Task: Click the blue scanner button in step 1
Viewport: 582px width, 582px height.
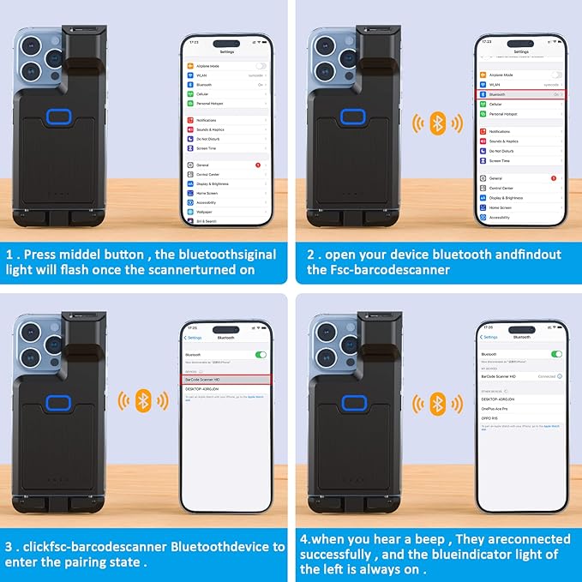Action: [x=59, y=117]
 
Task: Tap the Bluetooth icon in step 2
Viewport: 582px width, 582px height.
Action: [x=437, y=123]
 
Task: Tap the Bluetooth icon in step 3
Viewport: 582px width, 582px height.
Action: [x=145, y=399]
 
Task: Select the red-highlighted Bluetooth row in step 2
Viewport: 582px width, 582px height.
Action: [x=520, y=94]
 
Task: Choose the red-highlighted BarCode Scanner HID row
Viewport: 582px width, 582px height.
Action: [x=226, y=378]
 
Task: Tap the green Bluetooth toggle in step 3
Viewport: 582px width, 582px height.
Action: [x=261, y=354]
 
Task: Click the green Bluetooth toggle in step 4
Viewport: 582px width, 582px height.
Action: [x=555, y=353]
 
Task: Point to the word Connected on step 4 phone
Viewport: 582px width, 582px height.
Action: [x=545, y=376]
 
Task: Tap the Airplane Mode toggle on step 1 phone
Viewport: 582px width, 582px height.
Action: [x=260, y=65]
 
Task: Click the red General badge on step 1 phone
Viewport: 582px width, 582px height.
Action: [x=258, y=164]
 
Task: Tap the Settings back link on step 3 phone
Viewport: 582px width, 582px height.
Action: [x=194, y=338]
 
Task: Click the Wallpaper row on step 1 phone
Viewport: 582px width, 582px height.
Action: [x=204, y=211]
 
